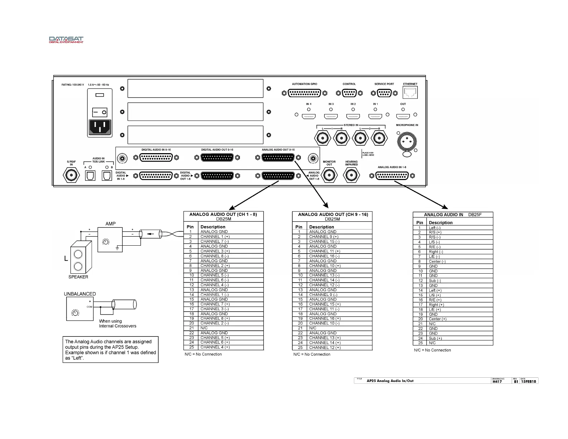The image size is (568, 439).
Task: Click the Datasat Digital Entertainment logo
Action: [x=66, y=39]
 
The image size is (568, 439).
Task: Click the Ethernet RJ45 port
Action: [x=410, y=93]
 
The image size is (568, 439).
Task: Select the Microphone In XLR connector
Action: [x=406, y=141]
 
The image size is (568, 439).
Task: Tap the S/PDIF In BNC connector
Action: [x=71, y=175]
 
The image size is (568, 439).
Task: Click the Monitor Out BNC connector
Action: [x=329, y=175]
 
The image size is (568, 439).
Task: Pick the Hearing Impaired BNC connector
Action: [x=351, y=175]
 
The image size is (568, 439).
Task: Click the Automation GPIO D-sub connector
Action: [x=304, y=93]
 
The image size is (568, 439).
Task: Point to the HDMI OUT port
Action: [x=403, y=116]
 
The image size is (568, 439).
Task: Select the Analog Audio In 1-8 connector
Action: [x=392, y=176]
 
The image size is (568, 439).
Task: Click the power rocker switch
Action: [x=99, y=112]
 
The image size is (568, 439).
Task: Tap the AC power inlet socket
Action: [x=99, y=127]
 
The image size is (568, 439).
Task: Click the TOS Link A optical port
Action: [x=90, y=175]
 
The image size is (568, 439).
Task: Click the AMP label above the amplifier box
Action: [x=110, y=224]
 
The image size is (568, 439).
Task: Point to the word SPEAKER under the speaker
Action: [x=78, y=277]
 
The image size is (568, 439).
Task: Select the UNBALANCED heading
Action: [x=80, y=294]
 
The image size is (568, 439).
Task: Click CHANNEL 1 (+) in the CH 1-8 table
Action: [x=215, y=237]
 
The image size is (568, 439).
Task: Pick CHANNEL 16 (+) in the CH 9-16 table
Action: [x=325, y=318]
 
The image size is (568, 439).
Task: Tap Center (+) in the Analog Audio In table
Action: [x=437, y=319]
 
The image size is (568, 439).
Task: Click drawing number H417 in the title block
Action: [x=497, y=382]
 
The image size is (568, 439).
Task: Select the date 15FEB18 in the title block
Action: [x=529, y=382]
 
